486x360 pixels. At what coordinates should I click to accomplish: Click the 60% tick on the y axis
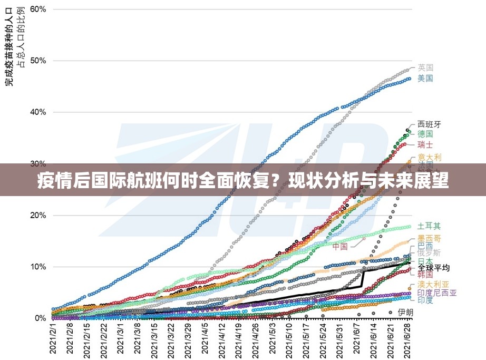pyautogui.click(x=38, y=9)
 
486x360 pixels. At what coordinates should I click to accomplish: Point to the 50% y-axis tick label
pyautogui.click(x=38, y=61)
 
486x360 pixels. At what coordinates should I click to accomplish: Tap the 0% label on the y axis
pyautogui.click(x=40, y=318)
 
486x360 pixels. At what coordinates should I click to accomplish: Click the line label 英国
pyautogui.click(x=425, y=67)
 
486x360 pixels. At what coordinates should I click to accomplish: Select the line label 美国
pyautogui.click(x=425, y=79)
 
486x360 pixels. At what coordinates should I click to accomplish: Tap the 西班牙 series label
pyautogui.click(x=429, y=124)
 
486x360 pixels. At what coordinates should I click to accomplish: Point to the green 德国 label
pyautogui.click(x=425, y=134)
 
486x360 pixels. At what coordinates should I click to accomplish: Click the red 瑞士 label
pyautogui.click(x=425, y=144)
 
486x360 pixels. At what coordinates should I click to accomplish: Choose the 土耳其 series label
pyautogui.click(x=429, y=226)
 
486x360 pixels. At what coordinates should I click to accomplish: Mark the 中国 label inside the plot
pyautogui.click(x=340, y=246)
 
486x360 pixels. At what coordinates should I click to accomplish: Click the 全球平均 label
pyautogui.click(x=434, y=268)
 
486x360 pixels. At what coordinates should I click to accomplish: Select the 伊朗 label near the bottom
pyautogui.click(x=405, y=312)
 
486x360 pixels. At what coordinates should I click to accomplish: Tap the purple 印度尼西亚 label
pyautogui.click(x=437, y=293)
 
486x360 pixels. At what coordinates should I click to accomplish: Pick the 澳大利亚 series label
pyautogui.click(x=433, y=284)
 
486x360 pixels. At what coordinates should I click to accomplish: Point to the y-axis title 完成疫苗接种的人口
pyautogui.click(x=9, y=51)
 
